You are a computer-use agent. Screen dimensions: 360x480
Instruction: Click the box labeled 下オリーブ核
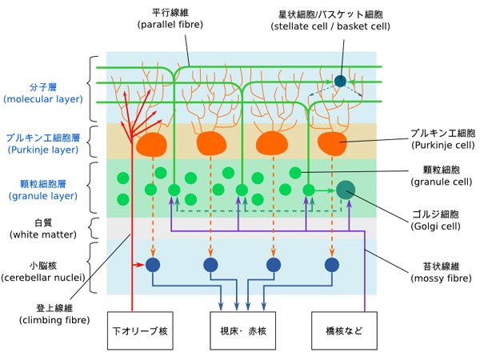point(140,330)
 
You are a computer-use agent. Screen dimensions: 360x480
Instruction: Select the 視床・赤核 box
point(243,330)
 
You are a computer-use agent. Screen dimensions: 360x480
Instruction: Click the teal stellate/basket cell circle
point(341,81)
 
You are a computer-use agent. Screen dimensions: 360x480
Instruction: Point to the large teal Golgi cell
point(346,190)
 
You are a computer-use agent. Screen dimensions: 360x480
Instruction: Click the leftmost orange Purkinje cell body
point(151,144)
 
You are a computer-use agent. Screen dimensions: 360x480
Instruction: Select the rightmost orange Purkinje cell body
point(333,144)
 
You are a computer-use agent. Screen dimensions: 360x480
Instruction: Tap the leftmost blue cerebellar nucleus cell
point(152,265)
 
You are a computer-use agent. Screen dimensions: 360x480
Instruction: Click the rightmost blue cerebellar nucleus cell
point(332,265)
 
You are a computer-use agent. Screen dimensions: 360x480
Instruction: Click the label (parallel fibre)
point(170,25)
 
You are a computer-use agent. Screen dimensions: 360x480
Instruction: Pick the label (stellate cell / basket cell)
point(330,26)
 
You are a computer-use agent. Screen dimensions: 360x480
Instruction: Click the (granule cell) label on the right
point(440,182)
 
